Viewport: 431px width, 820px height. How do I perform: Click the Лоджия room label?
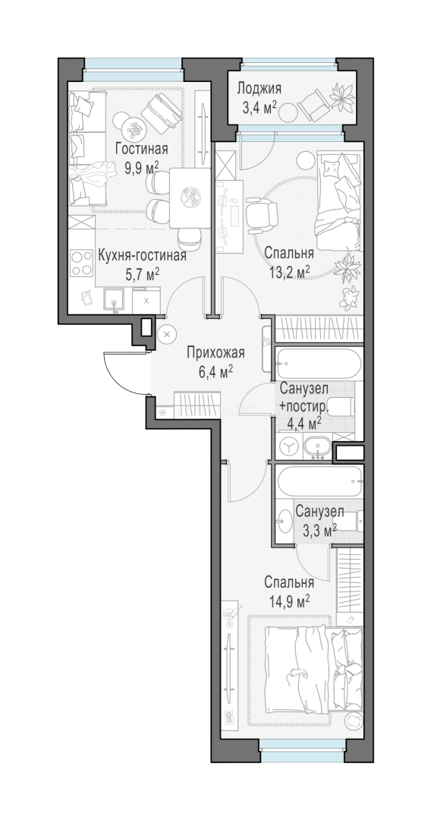(259, 88)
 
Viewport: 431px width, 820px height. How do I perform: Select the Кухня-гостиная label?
(142, 256)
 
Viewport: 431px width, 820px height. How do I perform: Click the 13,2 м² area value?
(289, 272)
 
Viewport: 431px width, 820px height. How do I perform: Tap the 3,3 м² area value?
(319, 531)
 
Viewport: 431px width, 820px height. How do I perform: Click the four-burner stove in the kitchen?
(82, 263)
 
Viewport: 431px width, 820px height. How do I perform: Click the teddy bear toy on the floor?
(350, 297)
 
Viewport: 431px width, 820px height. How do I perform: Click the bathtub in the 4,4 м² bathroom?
(318, 362)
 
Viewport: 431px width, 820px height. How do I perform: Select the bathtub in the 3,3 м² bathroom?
(318, 480)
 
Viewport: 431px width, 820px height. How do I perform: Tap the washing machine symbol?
(288, 446)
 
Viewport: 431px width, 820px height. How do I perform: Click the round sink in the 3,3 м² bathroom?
(285, 522)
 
